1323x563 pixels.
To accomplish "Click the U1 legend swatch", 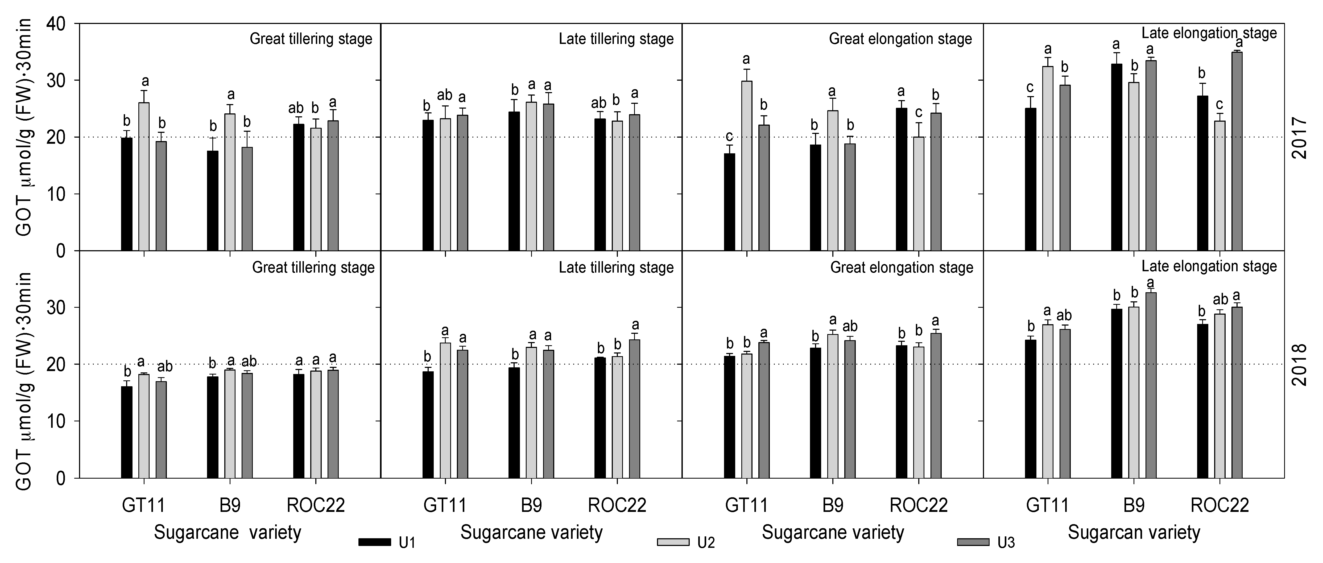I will [x=375, y=543].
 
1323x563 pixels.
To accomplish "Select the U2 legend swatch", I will [x=673, y=543].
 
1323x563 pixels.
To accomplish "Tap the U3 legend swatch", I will [x=973, y=543].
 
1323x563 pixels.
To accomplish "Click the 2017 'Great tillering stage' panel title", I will [x=311, y=39].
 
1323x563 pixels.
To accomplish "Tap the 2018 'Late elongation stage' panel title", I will [x=1209, y=266].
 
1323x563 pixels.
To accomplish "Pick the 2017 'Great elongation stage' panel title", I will [x=900, y=39].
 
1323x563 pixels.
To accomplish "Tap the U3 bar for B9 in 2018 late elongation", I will [x=1151, y=385].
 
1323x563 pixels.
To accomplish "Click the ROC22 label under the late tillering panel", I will [x=617, y=506].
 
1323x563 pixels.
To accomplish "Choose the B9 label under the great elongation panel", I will [x=833, y=506].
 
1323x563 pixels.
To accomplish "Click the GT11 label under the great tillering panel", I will [x=143, y=506].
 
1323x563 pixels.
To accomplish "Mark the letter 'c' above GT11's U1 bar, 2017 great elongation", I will [x=729, y=137].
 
